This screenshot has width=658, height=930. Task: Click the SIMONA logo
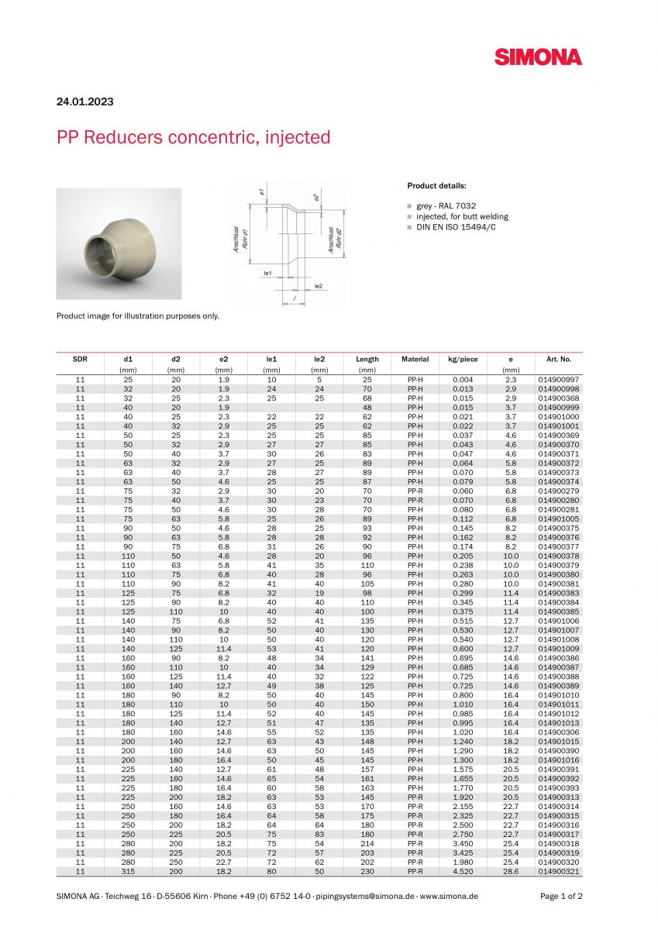point(538,57)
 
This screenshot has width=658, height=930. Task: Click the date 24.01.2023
point(85,102)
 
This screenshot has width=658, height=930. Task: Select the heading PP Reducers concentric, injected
point(193,138)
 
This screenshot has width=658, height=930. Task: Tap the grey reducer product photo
point(119,243)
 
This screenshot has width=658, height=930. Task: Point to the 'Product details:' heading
point(436,186)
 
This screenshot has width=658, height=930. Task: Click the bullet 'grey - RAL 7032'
point(446,206)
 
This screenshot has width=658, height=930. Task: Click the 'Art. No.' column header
point(558,360)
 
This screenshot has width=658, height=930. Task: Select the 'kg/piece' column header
point(463,360)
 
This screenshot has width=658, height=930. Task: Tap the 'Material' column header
point(415,360)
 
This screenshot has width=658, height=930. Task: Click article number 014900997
point(558,380)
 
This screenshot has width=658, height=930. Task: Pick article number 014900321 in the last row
point(558,872)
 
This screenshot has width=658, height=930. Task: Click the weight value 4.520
point(463,872)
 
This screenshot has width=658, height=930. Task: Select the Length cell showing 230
point(367,872)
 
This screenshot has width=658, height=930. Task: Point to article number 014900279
point(558,491)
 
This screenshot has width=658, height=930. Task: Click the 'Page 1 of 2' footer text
point(561,896)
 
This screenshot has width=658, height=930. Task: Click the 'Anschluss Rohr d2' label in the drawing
point(335,239)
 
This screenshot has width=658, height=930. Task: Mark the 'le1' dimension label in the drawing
point(267,273)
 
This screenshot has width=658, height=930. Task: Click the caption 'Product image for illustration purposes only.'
point(138,315)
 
